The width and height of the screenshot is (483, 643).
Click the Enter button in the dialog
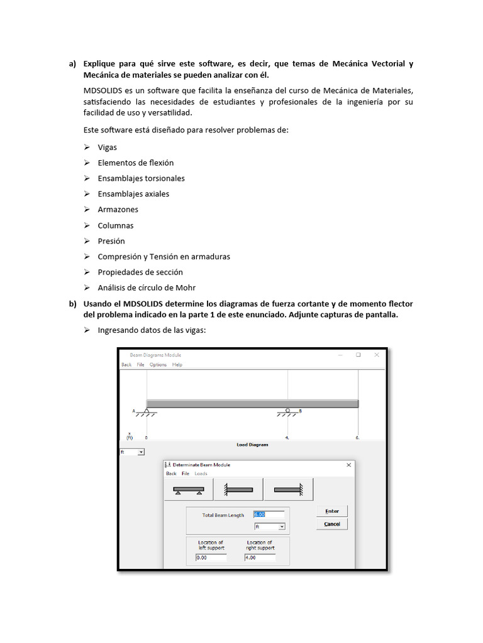coord(332,511)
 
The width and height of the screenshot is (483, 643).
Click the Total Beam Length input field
coord(269,514)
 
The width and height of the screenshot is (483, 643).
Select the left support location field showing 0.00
coord(211,557)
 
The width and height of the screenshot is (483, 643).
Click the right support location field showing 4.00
coord(260,557)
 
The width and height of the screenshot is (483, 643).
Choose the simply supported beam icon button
coord(189,489)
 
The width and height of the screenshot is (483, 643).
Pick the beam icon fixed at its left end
coord(238,489)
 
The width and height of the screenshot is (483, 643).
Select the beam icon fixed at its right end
coord(288,489)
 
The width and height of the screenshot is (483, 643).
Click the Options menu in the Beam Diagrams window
coord(158,365)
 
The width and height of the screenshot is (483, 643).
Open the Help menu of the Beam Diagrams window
coord(177,365)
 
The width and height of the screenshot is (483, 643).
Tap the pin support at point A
coord(146,411)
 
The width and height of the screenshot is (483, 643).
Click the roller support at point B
coord(288,411)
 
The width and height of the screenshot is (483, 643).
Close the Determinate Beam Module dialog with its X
coord(348,465)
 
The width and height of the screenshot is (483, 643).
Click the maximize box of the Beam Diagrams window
coord(358,355)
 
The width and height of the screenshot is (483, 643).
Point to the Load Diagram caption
coord(252,445)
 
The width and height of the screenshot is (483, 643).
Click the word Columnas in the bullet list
coord(116,225)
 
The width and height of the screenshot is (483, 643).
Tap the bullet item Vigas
coord(107,148)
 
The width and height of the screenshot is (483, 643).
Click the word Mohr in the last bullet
coord(186,288)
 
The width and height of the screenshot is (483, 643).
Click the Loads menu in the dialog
coord(201,473)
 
